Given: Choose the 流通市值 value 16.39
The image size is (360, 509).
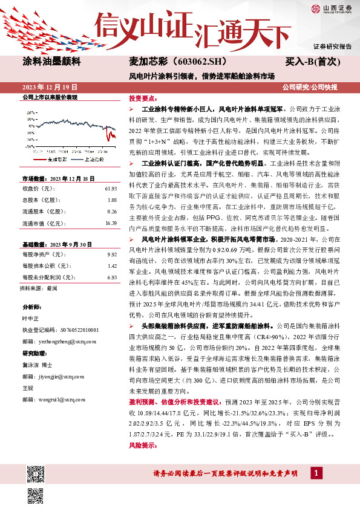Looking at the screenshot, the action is pyautogui.click(x=110, y=223).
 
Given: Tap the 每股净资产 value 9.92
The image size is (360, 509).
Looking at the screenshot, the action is pyautogui.click(x=111, y=256).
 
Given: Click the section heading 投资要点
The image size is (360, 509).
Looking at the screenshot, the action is pyautogui.click(x=141, y=98).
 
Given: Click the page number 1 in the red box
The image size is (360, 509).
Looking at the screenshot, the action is pyautogui.click(x=315, y=472).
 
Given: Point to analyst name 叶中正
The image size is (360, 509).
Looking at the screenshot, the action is pyautogui.click(x=30, y=318).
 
